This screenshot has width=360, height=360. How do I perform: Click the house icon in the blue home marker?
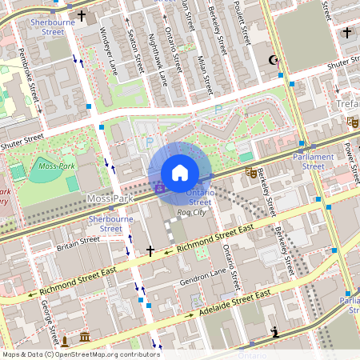tap(180, 173)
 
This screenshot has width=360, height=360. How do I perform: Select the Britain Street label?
tap(78, 240)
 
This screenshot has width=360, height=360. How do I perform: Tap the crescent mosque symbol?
tap(274, 60)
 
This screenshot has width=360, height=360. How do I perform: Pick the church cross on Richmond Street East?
tap(150, 250)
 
